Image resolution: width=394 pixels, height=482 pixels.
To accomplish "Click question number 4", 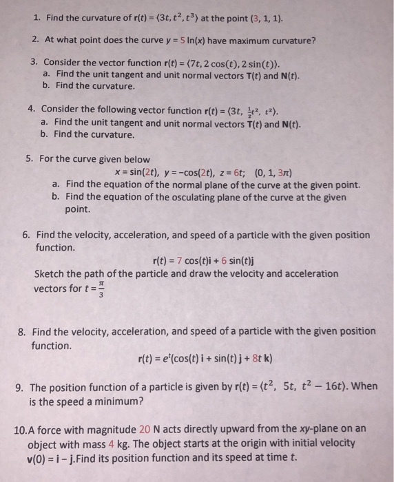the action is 31,109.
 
